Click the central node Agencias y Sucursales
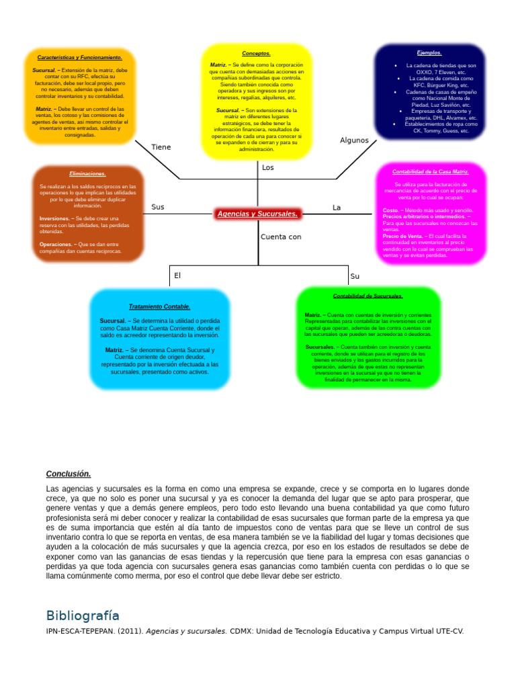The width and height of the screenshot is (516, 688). (258, 214)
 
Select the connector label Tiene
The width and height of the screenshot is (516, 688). (161, 147)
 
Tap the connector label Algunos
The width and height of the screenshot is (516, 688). (354, 140)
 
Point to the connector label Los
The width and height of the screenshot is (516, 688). (268, 167)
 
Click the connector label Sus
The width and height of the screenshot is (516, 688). (158, 207)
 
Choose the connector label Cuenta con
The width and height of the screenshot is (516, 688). (281, 236)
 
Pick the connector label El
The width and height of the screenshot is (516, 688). (178, 275)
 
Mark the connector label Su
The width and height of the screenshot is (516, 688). (355, 276)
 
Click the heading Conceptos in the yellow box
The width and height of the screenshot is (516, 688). (256, 53)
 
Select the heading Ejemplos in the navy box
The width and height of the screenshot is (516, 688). (429, 52)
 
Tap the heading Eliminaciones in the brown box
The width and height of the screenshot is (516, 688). (87, 173)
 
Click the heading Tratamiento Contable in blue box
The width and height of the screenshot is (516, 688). (159, 306)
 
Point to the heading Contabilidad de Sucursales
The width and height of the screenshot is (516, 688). (368, 296)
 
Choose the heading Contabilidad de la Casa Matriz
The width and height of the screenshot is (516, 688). (430, 171)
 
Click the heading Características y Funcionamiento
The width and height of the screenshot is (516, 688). (79, 58)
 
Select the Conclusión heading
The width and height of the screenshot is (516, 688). (69, 474)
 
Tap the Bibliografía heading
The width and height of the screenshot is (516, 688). (83, 615)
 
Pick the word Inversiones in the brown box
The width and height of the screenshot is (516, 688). (56, 218)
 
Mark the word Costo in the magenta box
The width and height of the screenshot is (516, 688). (390, 210)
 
